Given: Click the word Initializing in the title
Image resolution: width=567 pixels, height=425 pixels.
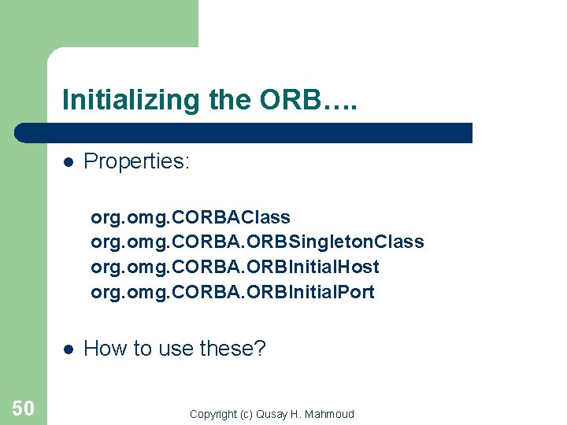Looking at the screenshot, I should (x=132, y=100).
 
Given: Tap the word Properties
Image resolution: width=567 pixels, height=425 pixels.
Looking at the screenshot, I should (x=136, y=161).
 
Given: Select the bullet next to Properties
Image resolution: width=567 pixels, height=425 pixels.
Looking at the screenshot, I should (x=69, y=162).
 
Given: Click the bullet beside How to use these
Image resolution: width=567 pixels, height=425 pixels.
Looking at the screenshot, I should (x=69, y=349).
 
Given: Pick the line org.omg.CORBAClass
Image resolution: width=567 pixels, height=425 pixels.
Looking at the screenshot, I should (x=191, y=217).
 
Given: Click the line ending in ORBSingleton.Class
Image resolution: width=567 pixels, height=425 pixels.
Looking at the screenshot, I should (x=258, y=242).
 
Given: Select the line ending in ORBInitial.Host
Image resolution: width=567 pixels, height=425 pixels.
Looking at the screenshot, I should (x=235, y=268).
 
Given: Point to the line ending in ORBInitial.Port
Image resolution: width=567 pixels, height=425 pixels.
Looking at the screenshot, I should (x=232, y=293).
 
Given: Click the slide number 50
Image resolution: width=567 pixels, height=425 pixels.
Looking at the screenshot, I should (x=23, y=408).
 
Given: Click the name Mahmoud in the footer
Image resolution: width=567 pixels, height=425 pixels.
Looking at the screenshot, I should (x=330, y=414).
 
